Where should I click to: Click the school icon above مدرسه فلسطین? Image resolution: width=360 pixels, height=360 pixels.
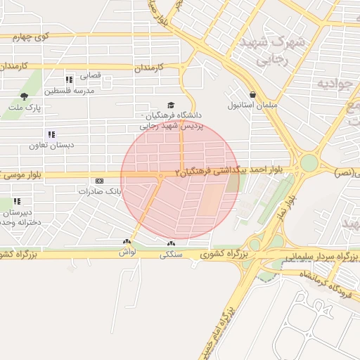coord(69,79)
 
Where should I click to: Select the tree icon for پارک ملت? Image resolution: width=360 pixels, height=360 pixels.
coord(25,96)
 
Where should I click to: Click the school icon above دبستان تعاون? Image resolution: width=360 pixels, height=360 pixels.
coord(51,134)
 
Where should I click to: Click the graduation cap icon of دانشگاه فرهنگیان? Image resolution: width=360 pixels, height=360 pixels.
coord(172,103)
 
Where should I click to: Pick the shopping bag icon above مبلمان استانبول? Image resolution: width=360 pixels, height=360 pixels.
coord(252,94)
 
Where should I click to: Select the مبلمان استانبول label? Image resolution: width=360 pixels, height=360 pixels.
coord(252,105)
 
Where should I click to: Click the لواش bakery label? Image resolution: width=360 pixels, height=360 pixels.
coord(127,251)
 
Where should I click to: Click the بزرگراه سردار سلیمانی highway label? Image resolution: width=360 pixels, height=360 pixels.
coord(317,257)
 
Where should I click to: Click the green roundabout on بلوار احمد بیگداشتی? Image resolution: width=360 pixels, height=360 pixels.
coord(309,163)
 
